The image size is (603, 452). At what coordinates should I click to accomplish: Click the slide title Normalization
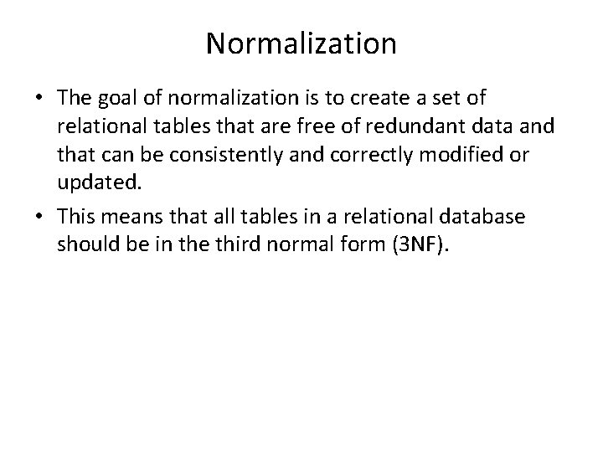(x=301, y=44)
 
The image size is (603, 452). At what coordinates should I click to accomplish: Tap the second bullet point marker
(x=40, y=217)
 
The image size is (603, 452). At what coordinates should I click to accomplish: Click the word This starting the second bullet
(x=76, y=216)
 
